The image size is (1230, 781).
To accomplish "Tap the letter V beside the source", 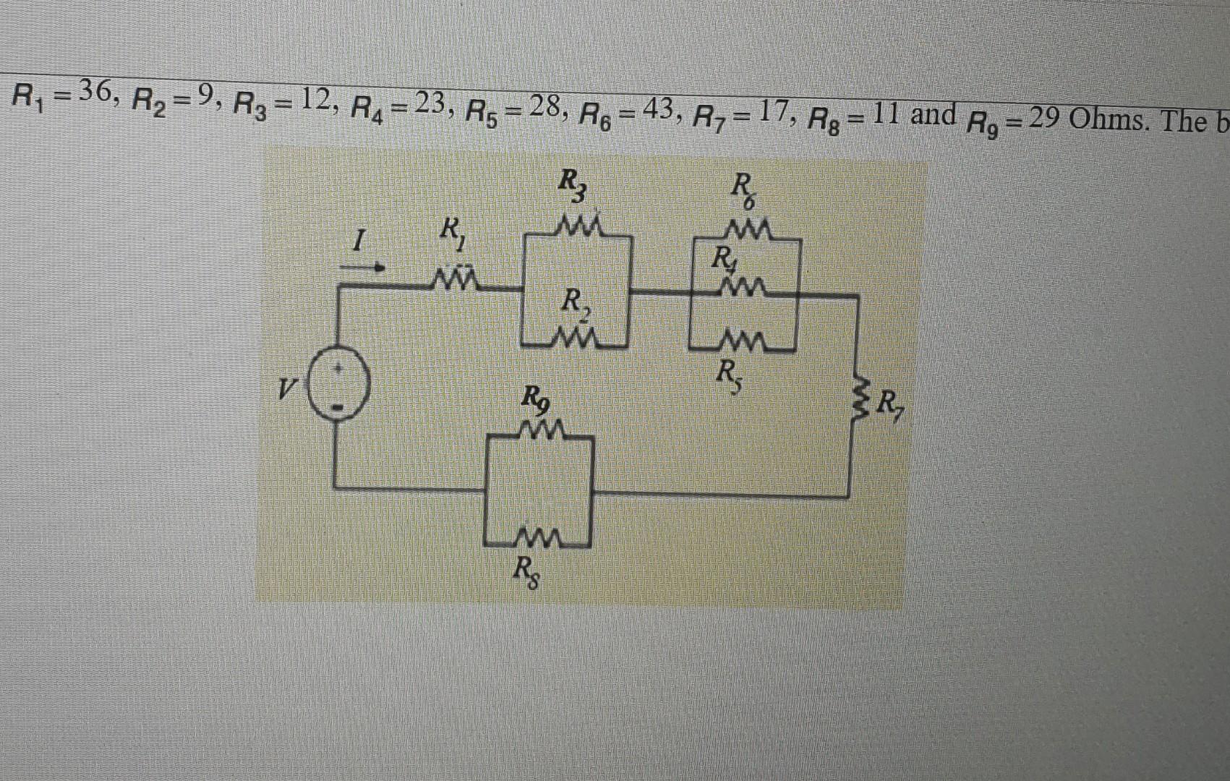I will (x=289, y=391).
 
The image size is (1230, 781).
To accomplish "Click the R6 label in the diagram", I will (x=743, y=192).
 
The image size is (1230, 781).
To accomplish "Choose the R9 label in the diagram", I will (x=537, y=398).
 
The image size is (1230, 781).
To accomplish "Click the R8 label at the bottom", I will (x=525, y=573).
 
